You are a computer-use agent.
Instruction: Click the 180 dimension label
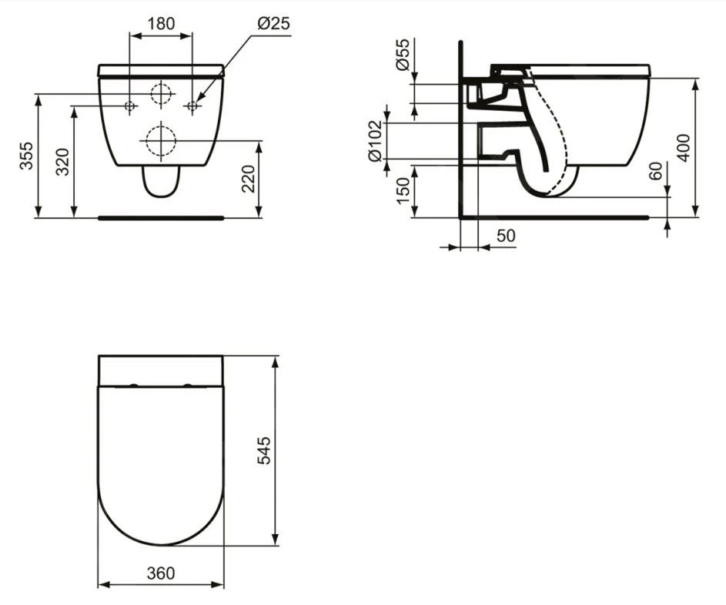tap(160, 23)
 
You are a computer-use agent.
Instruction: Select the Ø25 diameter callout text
tap(273, 23)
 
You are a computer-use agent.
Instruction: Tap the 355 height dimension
tap(26, 156)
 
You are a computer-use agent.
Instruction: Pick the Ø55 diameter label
tap(402, 55)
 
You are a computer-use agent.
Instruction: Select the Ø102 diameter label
tap(376, 141)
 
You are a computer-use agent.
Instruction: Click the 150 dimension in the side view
tap(402, 191)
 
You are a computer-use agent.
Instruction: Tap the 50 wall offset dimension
tap(505, 236)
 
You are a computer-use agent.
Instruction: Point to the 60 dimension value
tap(655, 171)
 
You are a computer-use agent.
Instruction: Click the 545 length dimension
tap(263, 450)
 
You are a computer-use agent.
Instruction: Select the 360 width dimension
tap(160, 573)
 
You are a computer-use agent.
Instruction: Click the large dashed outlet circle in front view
tap(160, 141)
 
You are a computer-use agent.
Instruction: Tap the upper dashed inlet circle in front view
tap(162, 94)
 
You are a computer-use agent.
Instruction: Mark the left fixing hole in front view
tap(129, 105)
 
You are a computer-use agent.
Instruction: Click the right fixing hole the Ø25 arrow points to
tap(192, 105)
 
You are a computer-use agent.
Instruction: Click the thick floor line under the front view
tap(161, 218)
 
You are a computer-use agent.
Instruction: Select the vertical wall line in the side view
tap(460, 131)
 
